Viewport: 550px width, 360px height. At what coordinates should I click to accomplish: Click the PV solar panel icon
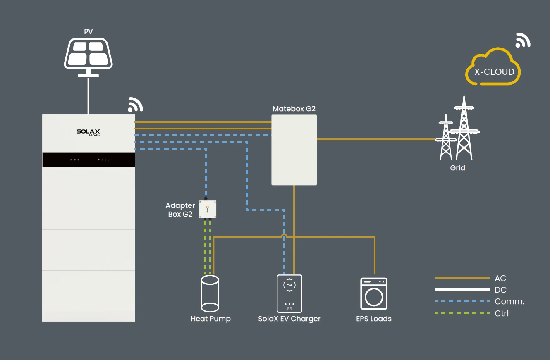pos(88,54)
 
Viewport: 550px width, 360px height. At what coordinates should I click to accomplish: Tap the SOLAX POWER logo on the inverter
pos(88,132)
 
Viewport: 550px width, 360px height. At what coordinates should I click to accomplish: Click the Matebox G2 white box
pos(294,150)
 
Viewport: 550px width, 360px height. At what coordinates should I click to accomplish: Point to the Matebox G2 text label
pos(294,109)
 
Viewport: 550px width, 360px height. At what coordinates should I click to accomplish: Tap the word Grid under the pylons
pos(458,168)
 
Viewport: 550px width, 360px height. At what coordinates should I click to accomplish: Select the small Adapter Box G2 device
pos(208,209)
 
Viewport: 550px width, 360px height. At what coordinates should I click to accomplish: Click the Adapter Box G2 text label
pos(180,210)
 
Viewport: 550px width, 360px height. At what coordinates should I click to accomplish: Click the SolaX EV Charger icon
pos(289,293)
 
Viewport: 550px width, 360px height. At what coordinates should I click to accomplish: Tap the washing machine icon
pos(374,294)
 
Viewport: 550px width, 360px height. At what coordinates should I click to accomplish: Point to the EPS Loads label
pos(374,319)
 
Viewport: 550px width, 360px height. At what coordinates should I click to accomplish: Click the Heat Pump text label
pos(210,319)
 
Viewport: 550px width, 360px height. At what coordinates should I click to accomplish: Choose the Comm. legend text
pos(509,301)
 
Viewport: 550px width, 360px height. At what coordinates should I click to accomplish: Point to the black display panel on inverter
pos(88,160)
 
